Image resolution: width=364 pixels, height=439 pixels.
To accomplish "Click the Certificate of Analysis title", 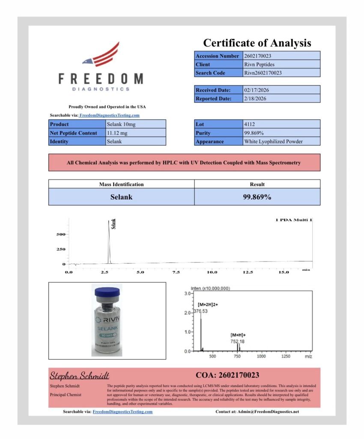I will coord(257,43).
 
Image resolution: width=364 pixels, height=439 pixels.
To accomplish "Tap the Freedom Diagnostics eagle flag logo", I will coord(101,55).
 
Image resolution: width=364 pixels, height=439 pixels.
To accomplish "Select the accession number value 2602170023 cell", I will coord(281,56).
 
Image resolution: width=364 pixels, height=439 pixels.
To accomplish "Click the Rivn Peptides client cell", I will coord(281,64).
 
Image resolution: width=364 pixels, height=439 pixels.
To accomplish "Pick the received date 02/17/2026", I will coord(281,90).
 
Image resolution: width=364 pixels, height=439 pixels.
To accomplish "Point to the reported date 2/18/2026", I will coord(281,99).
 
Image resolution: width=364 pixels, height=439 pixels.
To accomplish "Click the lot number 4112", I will coord(281,124).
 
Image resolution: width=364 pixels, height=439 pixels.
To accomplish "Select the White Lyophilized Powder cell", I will coord(281,141).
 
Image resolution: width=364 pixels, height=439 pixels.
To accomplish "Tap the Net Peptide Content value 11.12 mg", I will coord(135,133).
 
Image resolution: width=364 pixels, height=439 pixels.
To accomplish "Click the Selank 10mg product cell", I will coord(135,124).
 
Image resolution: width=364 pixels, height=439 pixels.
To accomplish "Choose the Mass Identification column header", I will coord(121,184).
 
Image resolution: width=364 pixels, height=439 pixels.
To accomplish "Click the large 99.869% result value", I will coord(257,197).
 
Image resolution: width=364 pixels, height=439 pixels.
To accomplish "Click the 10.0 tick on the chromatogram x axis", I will coord(212,272).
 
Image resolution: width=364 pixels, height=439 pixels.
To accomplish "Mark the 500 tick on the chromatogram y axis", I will coord(60,235).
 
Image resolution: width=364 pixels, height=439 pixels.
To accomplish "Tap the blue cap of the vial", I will coord(107,292).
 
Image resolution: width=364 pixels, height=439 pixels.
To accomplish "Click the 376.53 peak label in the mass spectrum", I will coord(200,311).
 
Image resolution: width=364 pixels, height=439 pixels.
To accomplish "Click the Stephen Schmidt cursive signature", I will coord(80,376).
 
